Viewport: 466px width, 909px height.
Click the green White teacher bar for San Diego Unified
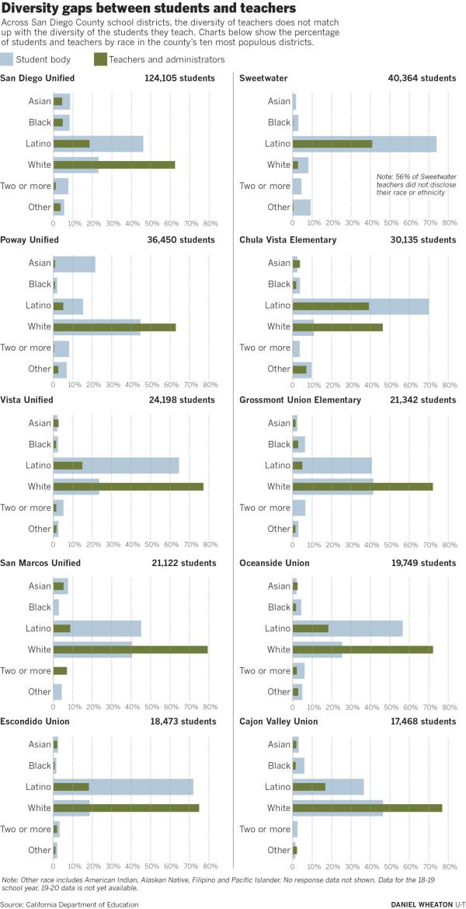pos(114,165)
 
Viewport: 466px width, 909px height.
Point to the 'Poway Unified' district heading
pos(29,239)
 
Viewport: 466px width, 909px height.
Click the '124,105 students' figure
pos(180,79)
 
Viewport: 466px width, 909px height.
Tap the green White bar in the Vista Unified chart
pos(128,487)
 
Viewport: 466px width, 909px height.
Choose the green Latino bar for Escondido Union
pos(71,787)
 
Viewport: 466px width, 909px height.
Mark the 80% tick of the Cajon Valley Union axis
pos(449,866)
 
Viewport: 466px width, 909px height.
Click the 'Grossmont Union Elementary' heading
pos(300,400)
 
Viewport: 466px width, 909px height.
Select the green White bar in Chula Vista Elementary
pos(338,327)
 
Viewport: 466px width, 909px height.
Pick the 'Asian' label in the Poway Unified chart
pos(39,263)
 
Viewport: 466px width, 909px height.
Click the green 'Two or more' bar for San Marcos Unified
pos(61,671)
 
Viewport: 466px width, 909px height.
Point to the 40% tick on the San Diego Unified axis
pos(130,223)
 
